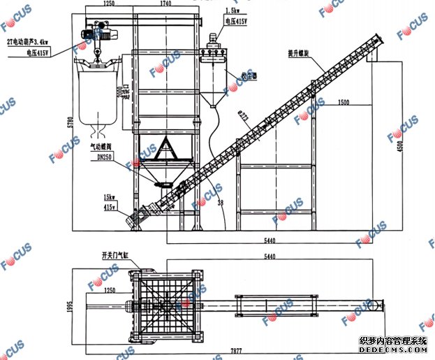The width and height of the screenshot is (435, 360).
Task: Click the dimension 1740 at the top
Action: pyautogui.click(x=165, y=3)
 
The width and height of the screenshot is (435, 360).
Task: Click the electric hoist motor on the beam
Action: pyautogui.click(x=97, y=31)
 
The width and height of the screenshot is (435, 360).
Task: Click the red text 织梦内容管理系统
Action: pyautogui.click(x=393, y=340)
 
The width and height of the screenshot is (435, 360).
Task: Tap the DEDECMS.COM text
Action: pyautogui.click(x=393, y=352)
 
